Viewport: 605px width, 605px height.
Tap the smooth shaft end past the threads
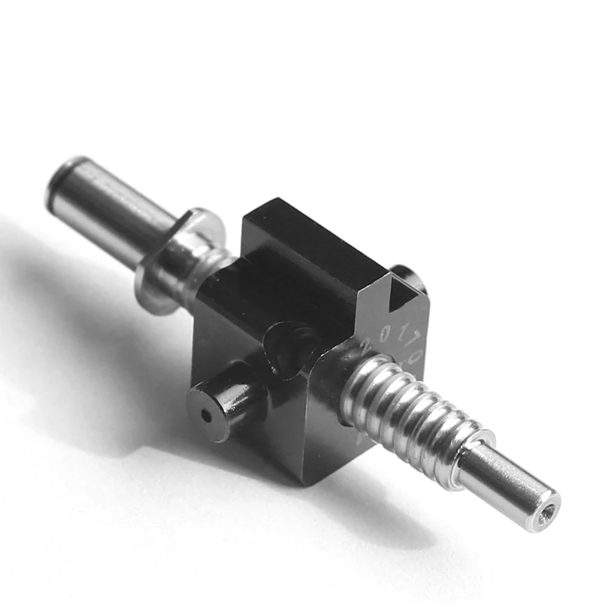(507, 484)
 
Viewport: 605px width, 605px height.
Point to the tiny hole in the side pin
(205, 415)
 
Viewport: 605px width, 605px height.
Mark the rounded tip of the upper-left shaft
(62, 178)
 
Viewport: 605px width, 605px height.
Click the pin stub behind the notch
(408, 276)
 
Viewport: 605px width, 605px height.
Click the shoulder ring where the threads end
(473, 454)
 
